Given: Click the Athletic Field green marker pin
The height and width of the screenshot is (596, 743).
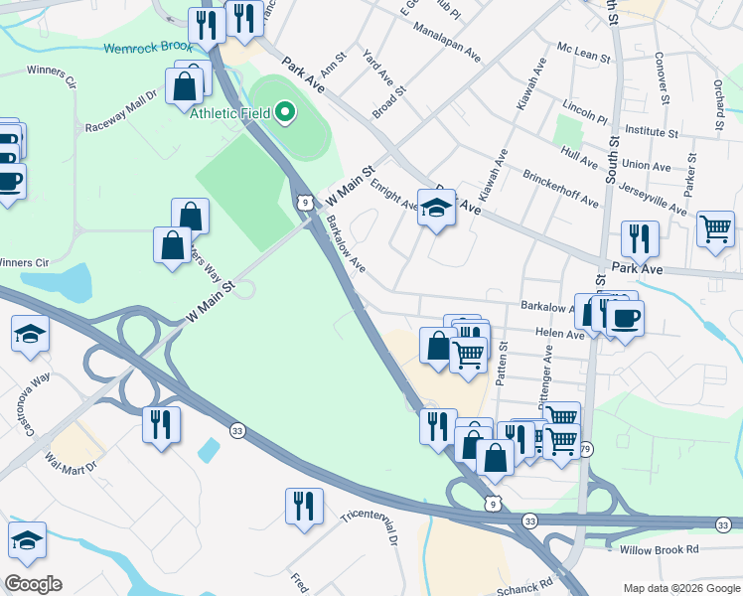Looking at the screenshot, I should click(286, 112).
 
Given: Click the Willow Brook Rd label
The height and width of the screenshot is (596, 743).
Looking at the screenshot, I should click(659, 549).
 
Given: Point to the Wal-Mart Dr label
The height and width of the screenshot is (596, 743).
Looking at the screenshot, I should click(72, 463).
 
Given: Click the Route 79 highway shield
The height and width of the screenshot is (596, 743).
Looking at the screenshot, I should click(586, 448).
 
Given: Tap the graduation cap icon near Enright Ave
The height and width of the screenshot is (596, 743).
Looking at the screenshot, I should click(436, 208).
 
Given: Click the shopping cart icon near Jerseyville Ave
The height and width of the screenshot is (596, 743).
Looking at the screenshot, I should click(715, 228).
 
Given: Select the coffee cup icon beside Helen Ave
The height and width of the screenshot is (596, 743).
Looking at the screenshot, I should click(625, 318).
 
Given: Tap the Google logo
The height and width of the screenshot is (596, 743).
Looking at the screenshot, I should click(33, 584).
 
